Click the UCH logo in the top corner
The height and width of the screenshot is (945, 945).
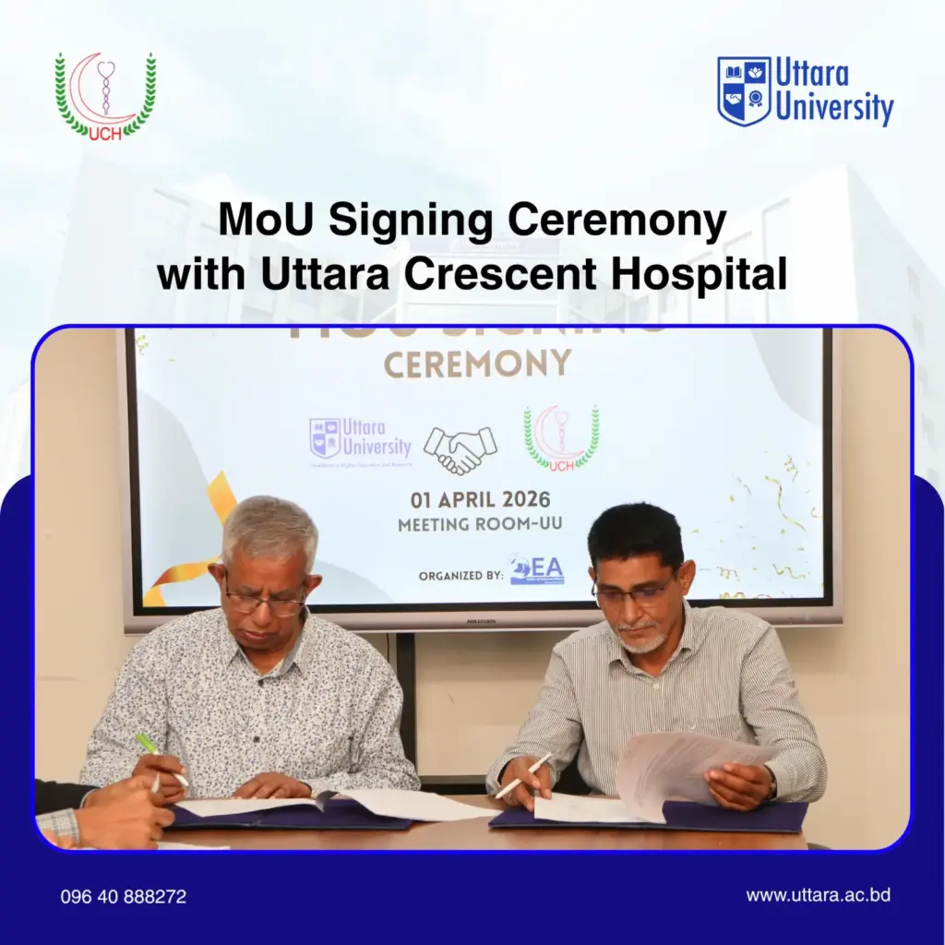[105, 96]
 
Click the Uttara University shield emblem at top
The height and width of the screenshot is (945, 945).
[744, 90]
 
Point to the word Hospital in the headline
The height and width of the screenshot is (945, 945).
[710, 274]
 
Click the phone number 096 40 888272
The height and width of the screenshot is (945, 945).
[124, 896]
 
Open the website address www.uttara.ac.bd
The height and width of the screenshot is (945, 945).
[818, 895]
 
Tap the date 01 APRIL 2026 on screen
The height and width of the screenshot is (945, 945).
[480, 501]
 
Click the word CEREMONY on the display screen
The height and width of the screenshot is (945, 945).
[477, 365]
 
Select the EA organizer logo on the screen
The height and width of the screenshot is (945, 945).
[537, 570]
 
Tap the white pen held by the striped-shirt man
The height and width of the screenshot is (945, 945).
[522, 775]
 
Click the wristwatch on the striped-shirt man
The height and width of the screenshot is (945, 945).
[772, 785]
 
